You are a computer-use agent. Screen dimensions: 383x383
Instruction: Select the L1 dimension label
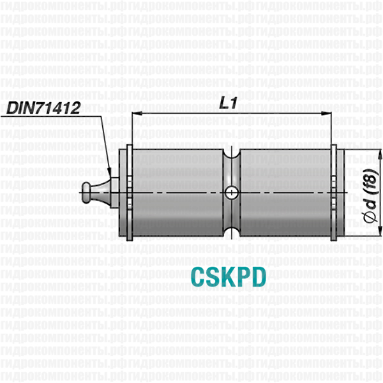point(228,103)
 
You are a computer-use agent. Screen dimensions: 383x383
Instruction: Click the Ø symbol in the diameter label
point(370,218)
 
